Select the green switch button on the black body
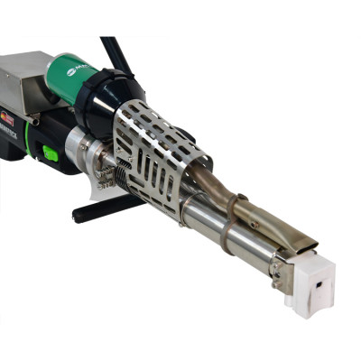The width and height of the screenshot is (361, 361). click(x=51, y=154)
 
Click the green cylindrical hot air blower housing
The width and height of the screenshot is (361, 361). click(x=78, y=76)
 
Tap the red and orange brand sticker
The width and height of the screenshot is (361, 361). click(x=8, y=117)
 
